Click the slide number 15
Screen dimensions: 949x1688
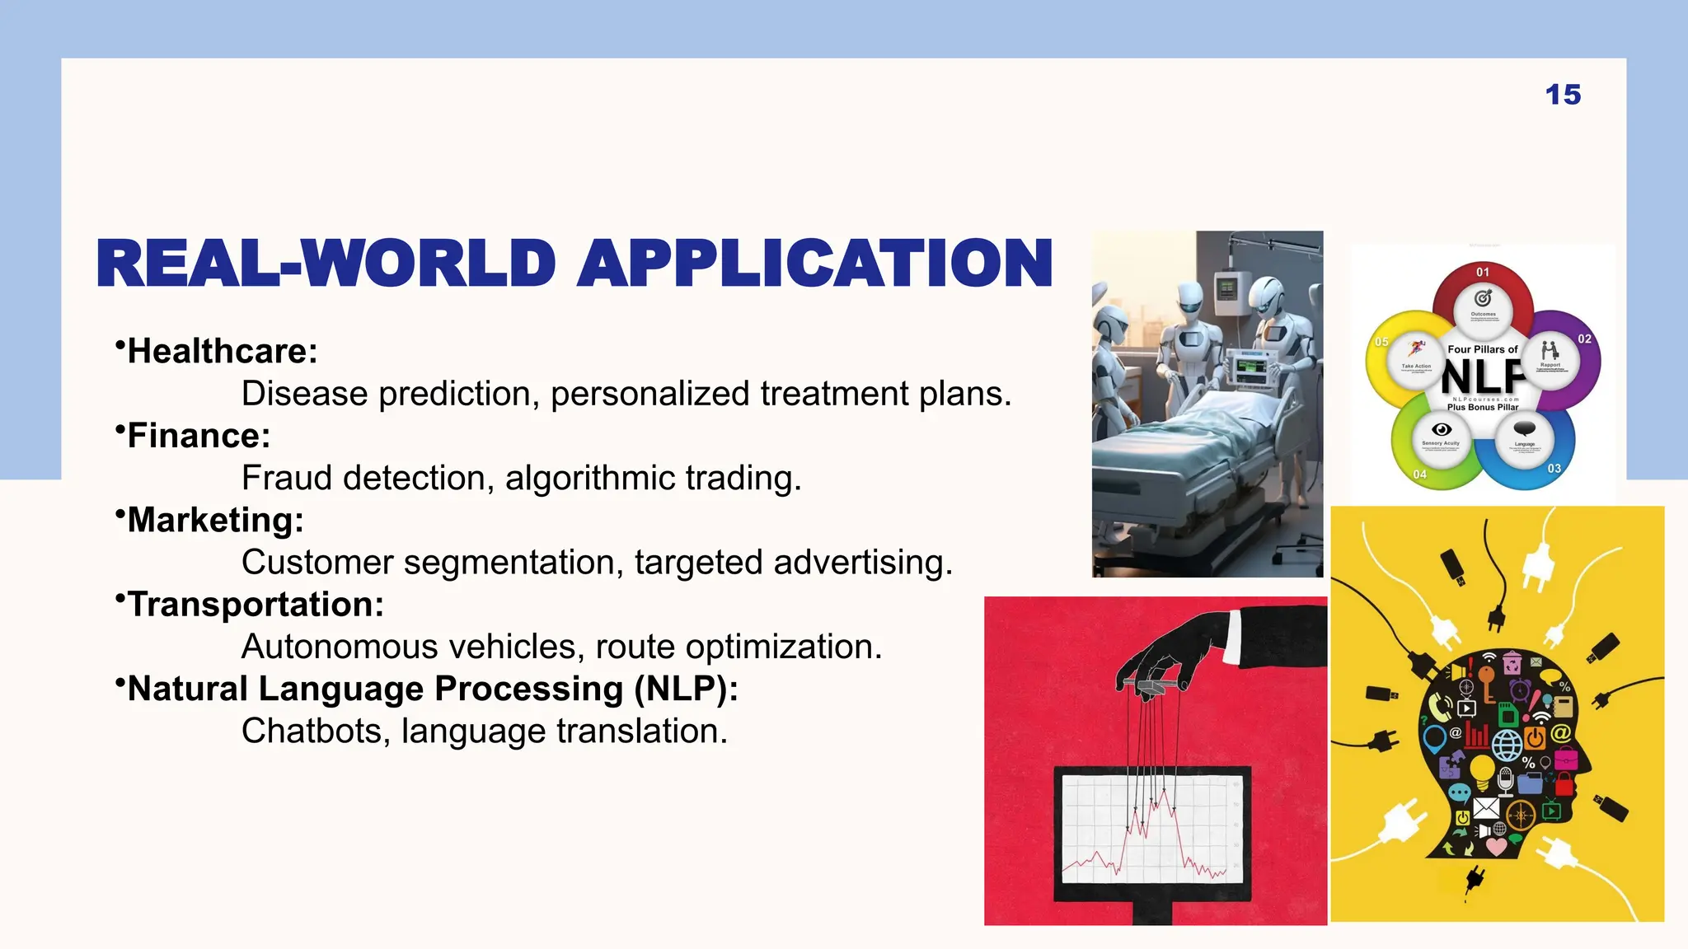pos(1563,95)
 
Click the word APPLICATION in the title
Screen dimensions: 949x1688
pos(814,264)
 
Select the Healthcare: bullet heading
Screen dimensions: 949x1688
pos(222,352)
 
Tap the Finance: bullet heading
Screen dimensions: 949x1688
pos(198,436)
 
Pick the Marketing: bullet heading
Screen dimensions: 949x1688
pos(215,521)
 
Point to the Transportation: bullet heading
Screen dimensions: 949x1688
pos(255,605)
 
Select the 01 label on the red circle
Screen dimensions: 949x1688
pos(1483,273)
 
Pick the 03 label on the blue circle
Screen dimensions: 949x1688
pos(1554,469)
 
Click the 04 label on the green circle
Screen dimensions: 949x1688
pos(1419,474)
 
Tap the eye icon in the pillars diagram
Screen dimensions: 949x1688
pos(1441,429)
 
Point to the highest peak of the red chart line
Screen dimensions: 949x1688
pos(1164,791)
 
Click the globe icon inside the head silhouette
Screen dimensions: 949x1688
pos(1507,745)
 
